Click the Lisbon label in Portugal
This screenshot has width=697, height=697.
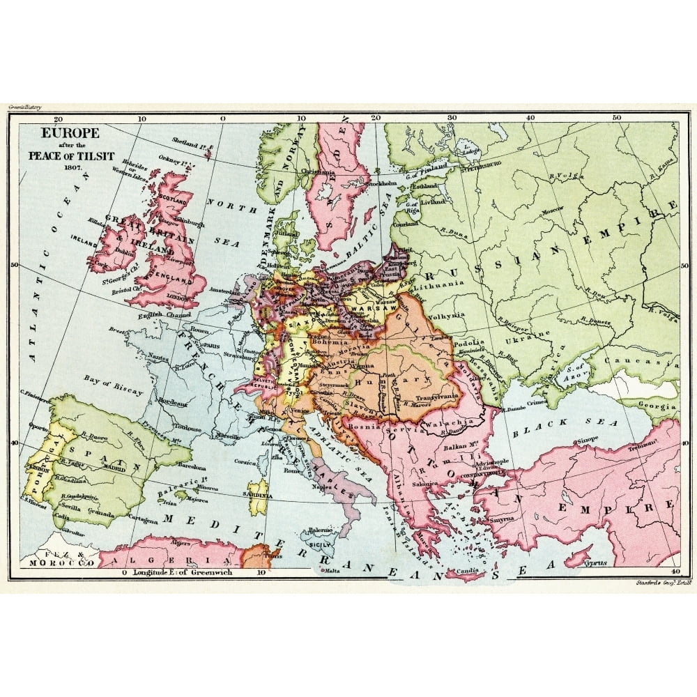point(38,470)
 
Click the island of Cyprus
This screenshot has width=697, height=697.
point(584,558)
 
